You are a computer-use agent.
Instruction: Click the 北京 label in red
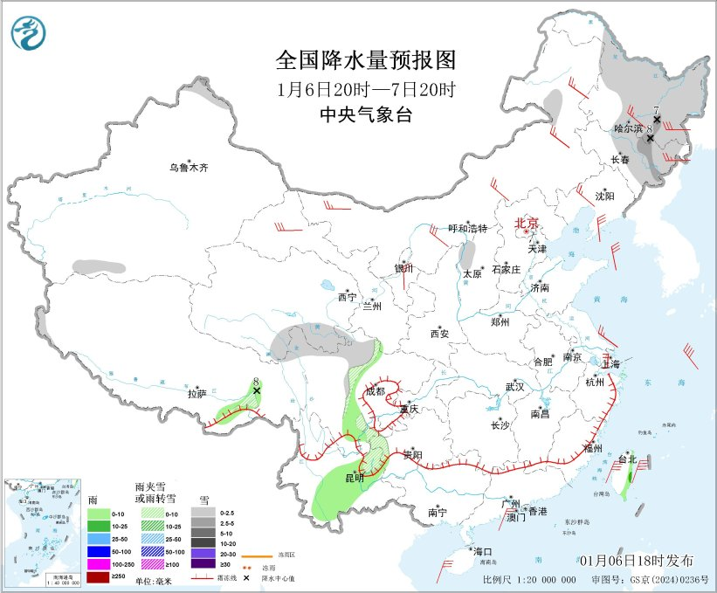(x=527, y=223)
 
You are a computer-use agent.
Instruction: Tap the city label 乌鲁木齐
(x=190, y=167)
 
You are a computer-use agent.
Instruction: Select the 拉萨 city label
(x=196, y=394)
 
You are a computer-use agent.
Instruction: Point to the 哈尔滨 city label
(x=628, y=128)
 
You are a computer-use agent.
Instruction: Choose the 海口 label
(x=482, y=551)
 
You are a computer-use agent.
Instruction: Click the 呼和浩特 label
(x=467, y=228)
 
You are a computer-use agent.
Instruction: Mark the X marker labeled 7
(x=656, y=121)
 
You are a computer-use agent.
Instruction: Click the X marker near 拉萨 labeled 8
(x=257, y=390)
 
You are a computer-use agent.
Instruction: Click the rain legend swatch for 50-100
(x=100, y=551)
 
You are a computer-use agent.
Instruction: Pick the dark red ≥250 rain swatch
(x=100, y=577)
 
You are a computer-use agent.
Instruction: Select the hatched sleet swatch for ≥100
(x=148, y=564)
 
